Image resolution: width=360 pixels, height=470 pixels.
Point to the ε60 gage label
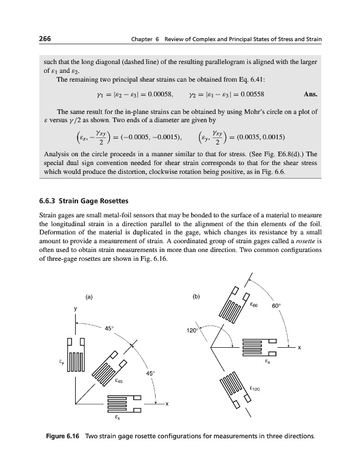(254, 305)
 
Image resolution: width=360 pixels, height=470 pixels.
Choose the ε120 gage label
(254, 388)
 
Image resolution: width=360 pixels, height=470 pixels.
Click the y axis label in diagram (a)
(75, 309)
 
